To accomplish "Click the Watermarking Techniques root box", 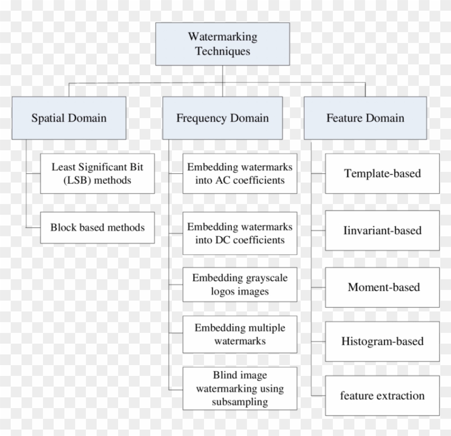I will coord(222,44).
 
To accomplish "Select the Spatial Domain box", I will coord(69,118).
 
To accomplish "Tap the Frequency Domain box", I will coord(222,118).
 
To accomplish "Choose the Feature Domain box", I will coord(365,118).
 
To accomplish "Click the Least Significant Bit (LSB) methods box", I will coord(97,173).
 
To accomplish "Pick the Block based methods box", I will coord(97,227).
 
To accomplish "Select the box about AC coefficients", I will coord(239,173).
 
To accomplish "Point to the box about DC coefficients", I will coord(239,233).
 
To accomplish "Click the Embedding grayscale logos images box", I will coord(239,285).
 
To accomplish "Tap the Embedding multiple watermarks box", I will coord(239,334).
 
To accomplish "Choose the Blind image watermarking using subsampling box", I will coord(239,388).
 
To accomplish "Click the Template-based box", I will coord(382,173).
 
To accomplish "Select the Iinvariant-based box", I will coord(382,230).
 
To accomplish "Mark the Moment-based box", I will coord(382,287).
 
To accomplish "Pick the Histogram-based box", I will coord(382,341).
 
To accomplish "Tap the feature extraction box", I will coord(382,396).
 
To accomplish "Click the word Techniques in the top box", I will coord(222,52).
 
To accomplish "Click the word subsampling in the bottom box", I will coord(239,401).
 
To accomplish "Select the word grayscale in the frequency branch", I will coord(263,278).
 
